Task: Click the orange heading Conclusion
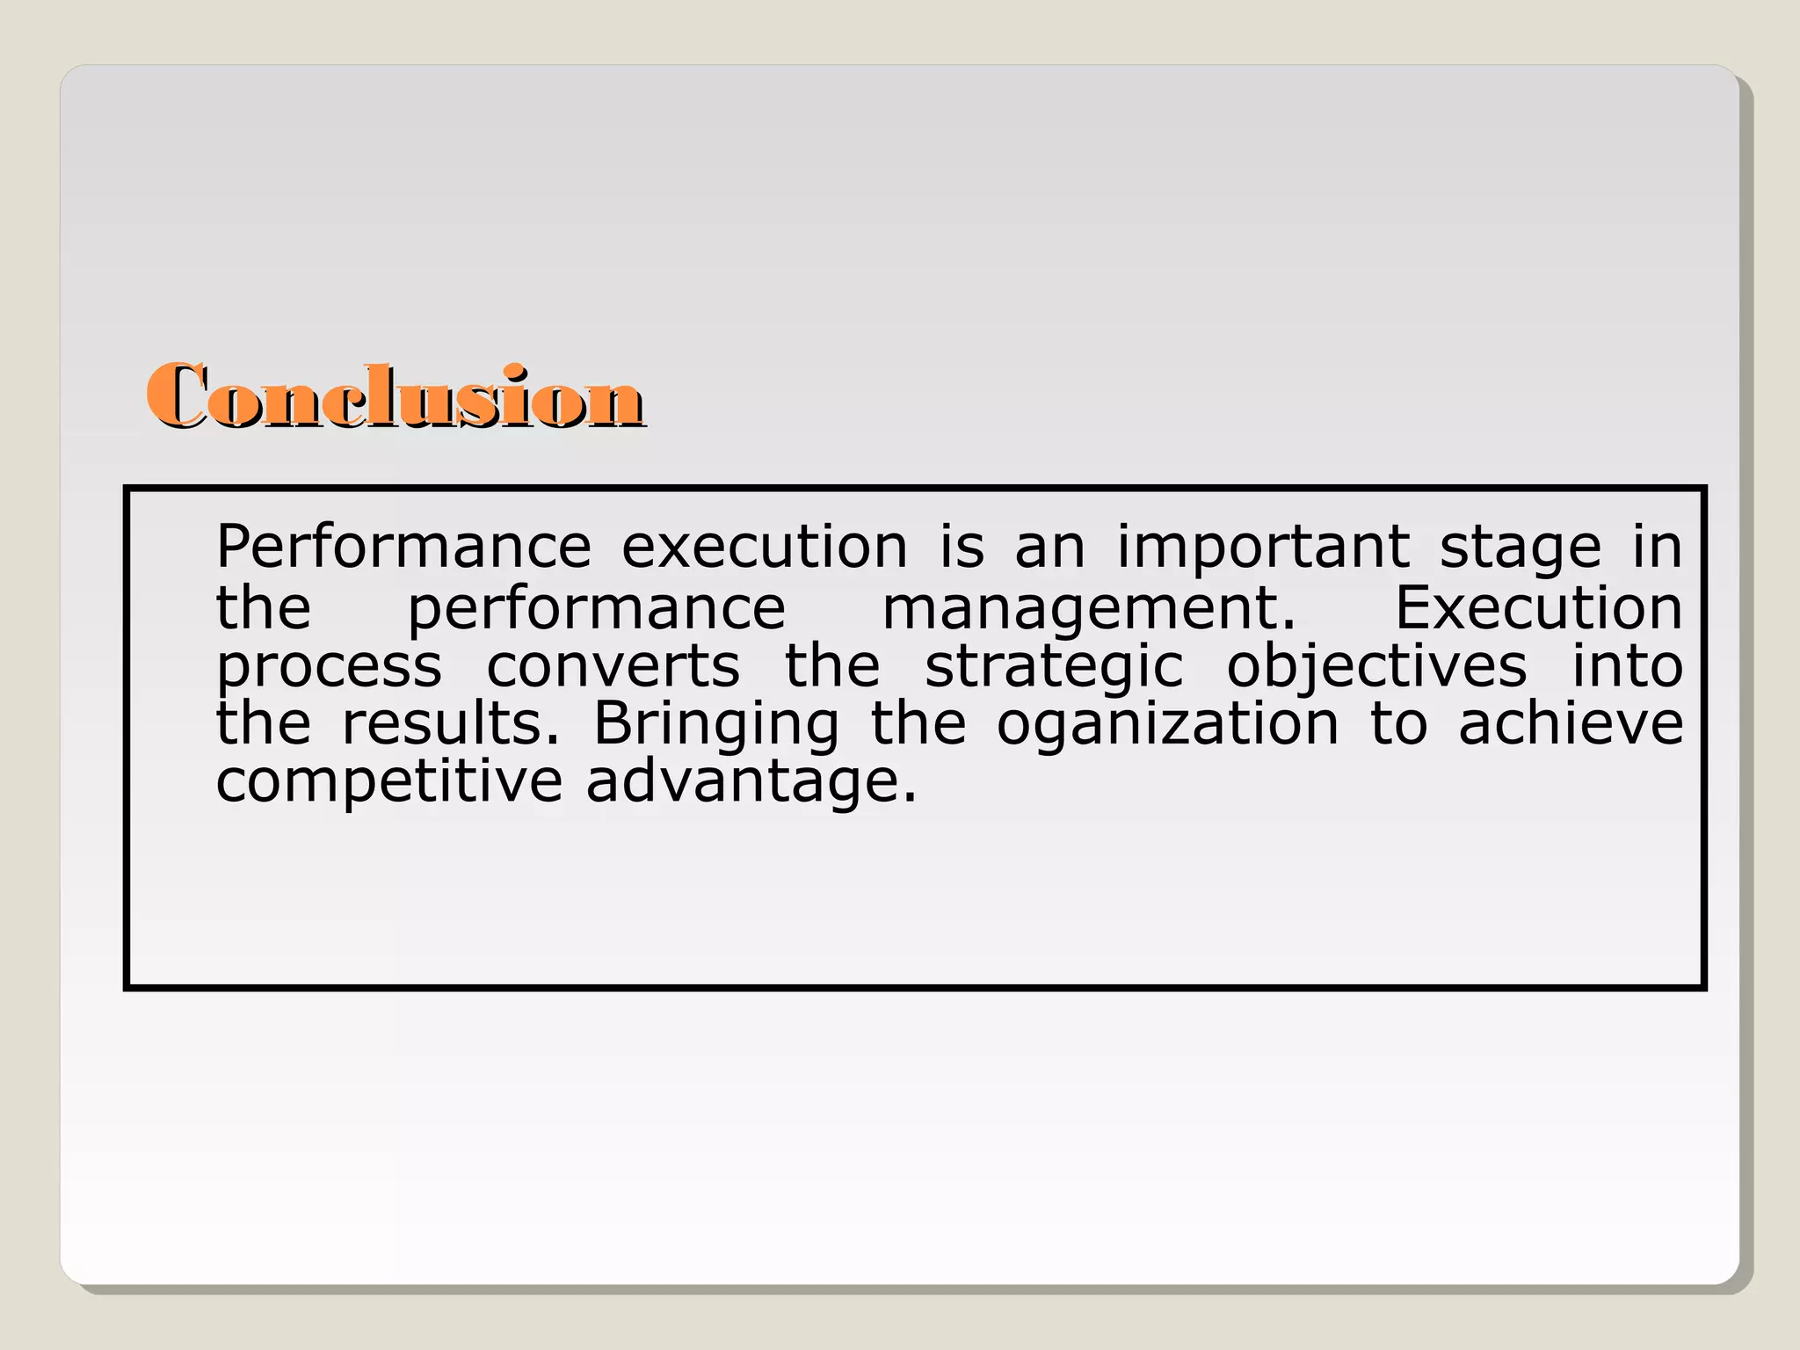(x=396, y=397)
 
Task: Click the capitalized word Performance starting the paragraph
(x=403, y=547)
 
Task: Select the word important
(x=1263, y=547)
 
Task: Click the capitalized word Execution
(x=1538, y=607)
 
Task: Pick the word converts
(x=613, y=666)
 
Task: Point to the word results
(x=450, y=723)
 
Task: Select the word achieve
(x=1571, y=723)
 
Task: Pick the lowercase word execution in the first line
(x=765, y=547)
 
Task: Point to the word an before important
(x=1049, y=548)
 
